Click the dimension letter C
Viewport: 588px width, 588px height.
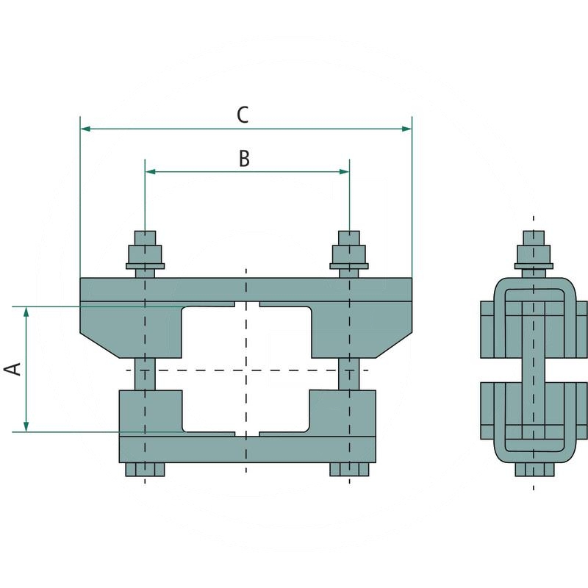pyautogui.click(x=243, y=115)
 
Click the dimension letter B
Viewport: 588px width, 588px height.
pyautogui.click(x=245, y=158)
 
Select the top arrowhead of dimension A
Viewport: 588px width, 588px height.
pyautogui.click(x=26, y=312)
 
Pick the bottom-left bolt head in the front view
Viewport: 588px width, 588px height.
pyautogui.click(x=145, y=470)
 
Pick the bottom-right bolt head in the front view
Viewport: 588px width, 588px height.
pyautogui.click(x=349, y=470)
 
